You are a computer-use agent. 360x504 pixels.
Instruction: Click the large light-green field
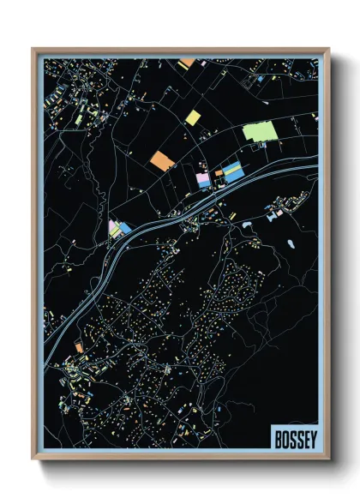tap(260, 131)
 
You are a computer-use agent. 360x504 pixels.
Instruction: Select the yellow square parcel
tap(194, 117)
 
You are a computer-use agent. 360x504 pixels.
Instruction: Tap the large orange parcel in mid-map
tap(161, 159)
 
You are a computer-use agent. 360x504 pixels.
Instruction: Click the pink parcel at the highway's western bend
tap(112, 228)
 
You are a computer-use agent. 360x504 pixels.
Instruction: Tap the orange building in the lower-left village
tap(78, 347)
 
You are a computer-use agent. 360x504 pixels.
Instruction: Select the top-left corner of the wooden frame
tap(33, 50)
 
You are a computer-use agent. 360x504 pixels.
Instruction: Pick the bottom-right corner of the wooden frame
tap(328, 459)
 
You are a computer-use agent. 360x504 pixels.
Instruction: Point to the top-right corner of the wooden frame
tap(328, 50)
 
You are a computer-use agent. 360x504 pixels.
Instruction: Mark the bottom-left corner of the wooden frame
tap(33, 459)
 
